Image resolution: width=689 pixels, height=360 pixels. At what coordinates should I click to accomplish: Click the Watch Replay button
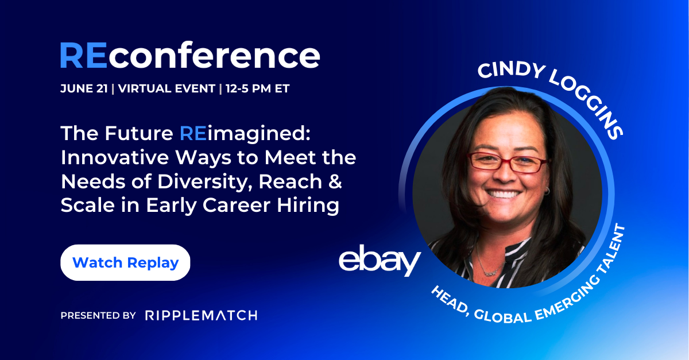point(125,263)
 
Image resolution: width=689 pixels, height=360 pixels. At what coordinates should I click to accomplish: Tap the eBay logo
point(380,261)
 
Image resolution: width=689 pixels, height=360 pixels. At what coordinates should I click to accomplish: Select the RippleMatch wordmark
point(201,315)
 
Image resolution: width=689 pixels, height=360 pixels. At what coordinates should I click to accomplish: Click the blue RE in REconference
point(82,56)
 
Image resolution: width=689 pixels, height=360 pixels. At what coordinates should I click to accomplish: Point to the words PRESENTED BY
point(98,315)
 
